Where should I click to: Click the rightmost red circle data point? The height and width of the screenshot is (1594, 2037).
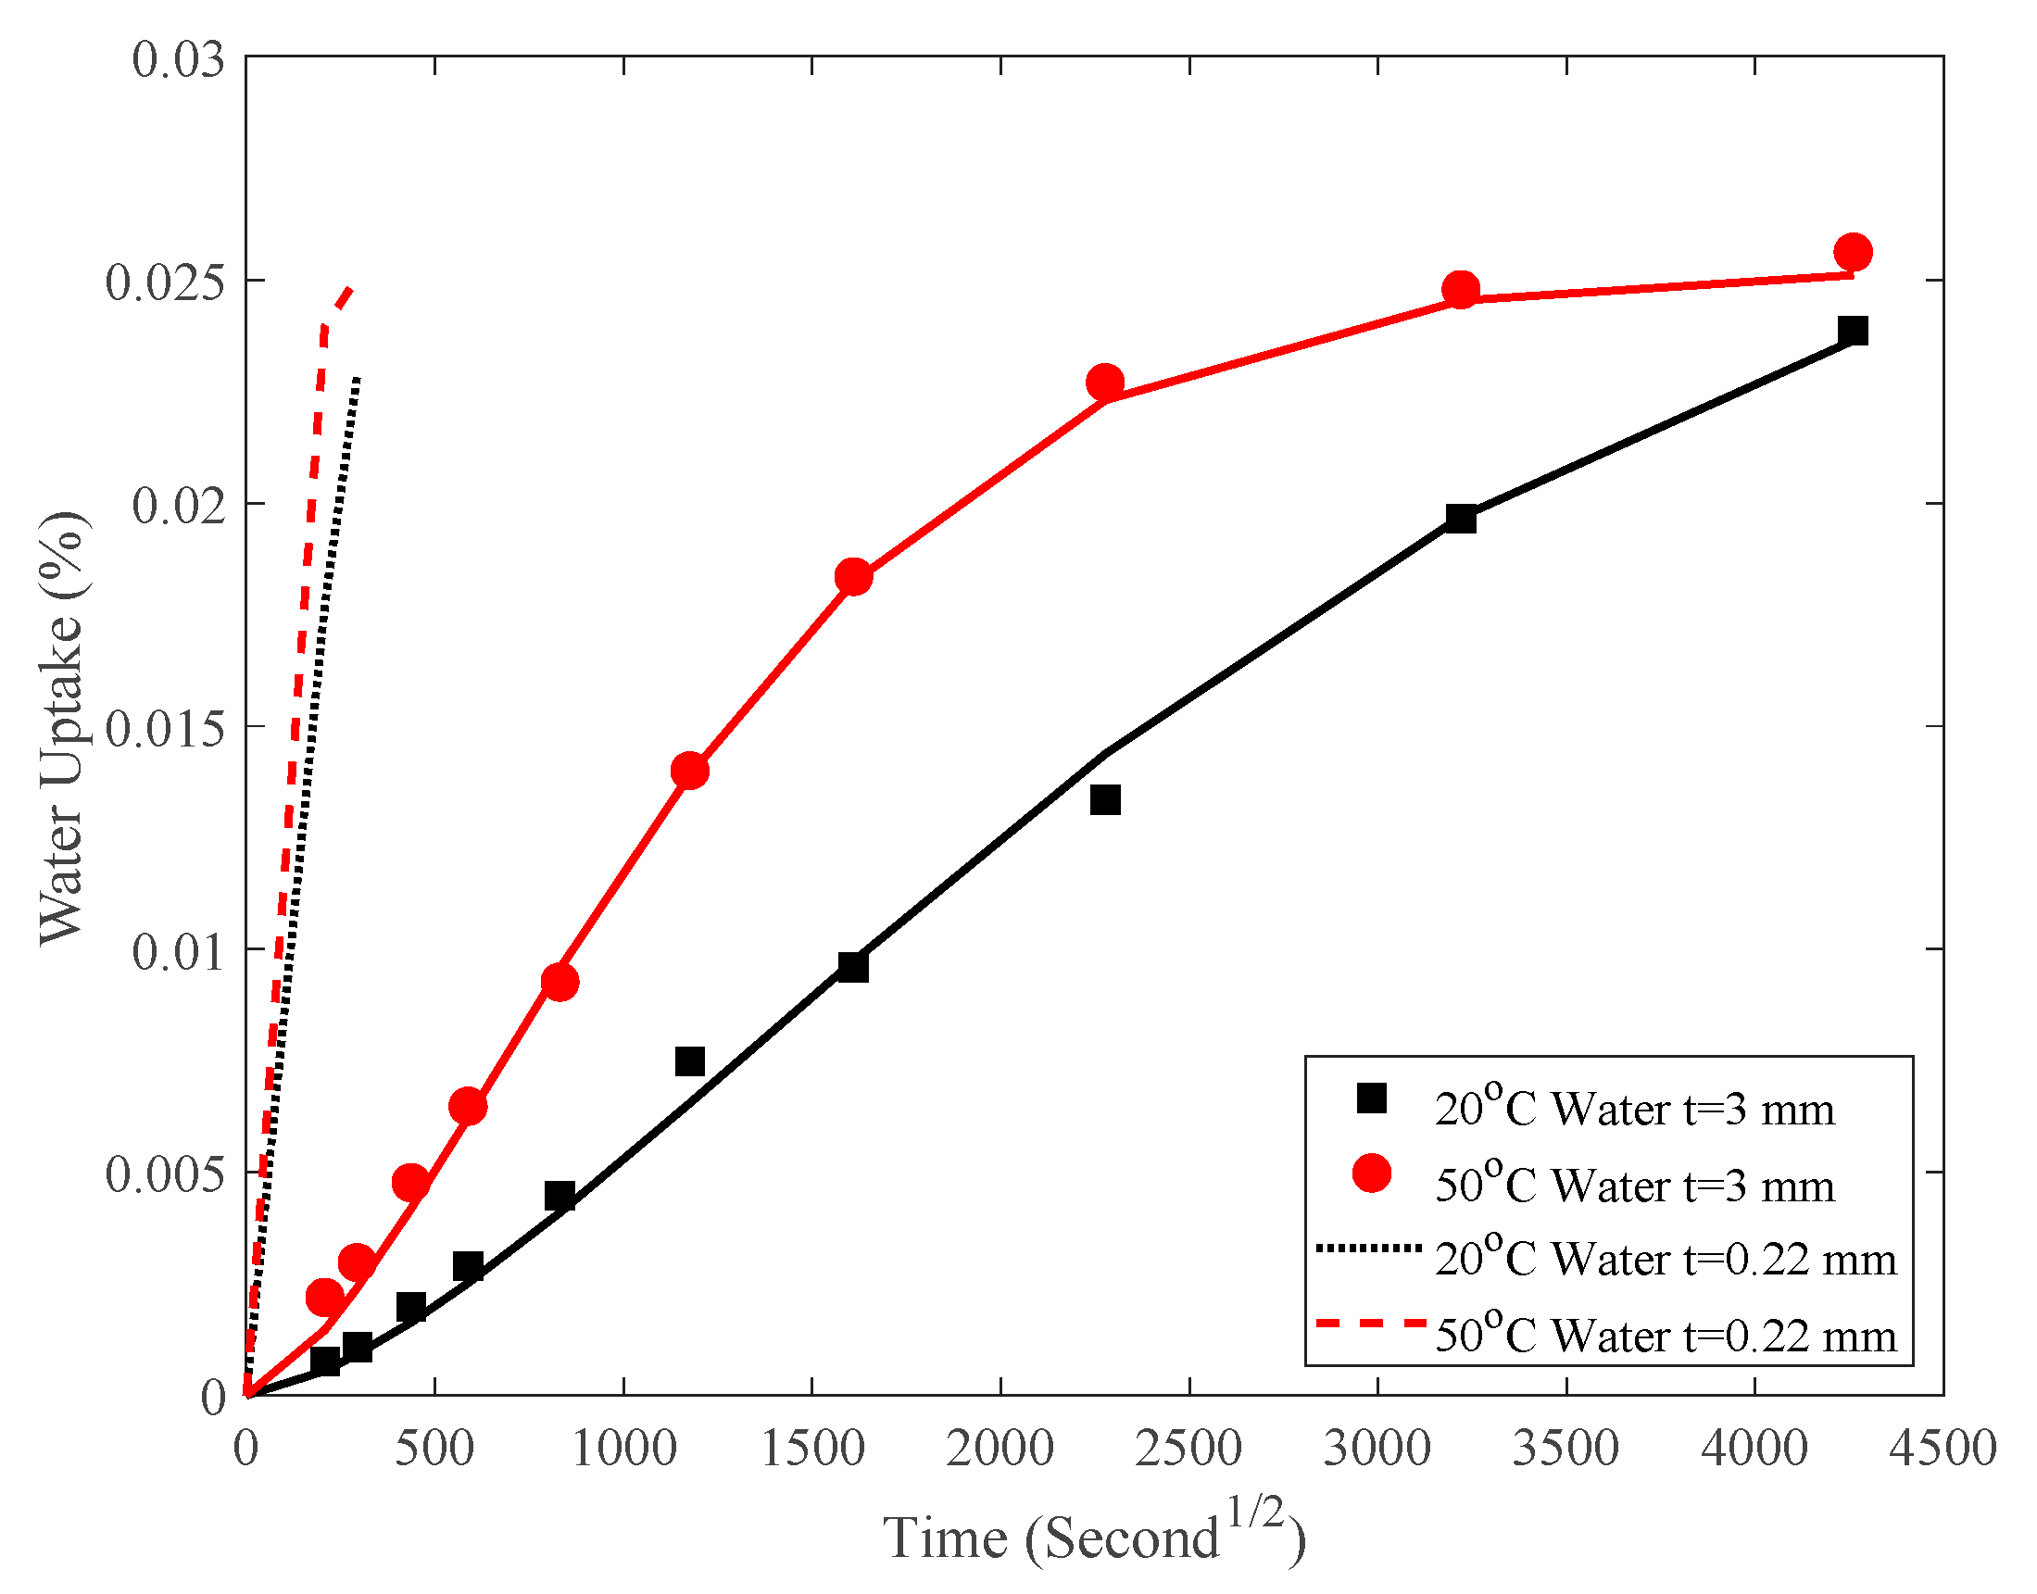click(1853, 252)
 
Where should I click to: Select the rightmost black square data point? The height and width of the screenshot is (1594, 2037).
click(1853, 331)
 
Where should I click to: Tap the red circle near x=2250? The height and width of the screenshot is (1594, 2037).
click(1105, 383)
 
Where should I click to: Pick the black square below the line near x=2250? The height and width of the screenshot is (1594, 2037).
click(1105, 800)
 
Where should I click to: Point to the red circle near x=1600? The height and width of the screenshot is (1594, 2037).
click(853, 578)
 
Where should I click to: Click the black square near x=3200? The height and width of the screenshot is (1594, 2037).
click(1460, 518)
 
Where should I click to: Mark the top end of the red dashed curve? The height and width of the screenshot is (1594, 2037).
click(350, 288)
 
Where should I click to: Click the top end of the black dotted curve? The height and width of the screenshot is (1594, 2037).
click(358, 376)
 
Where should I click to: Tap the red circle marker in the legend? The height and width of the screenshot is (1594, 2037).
click(1371, 1174)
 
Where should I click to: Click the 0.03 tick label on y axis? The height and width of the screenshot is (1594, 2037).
click(178, 59)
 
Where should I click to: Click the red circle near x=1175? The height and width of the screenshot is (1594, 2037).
click(689, 771)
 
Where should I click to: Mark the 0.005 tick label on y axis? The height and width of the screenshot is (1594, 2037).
click(165, 1174)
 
